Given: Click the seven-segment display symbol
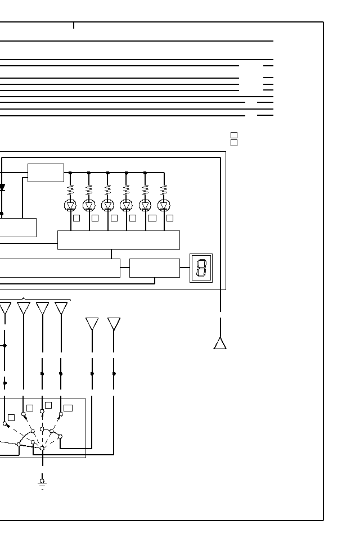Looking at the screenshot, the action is point(201,268).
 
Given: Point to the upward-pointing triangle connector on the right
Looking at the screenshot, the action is point(220,343).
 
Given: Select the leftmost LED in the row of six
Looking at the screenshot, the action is point(70,205).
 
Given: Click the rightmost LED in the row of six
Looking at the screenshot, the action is point(164,205).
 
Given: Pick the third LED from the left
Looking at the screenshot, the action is point(107,205).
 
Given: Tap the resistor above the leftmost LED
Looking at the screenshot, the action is point(70,189).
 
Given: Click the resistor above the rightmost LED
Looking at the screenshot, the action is point(164,189).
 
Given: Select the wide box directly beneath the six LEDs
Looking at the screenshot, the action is point(119,239).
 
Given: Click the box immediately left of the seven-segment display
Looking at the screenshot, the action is point(155,268).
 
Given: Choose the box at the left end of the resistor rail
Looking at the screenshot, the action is point(46,173).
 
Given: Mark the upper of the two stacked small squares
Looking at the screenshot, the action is point(234,135).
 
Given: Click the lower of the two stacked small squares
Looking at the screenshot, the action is point(234,143).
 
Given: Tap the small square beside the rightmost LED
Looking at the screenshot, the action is point(170,218).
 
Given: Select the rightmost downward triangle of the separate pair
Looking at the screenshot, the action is point(114,324).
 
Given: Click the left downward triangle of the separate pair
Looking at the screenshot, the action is point(92,324).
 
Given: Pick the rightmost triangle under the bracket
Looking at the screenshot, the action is point(61,308).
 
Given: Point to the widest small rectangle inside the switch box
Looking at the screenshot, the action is point(68,408).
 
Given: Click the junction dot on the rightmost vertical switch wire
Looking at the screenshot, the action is point(114,373).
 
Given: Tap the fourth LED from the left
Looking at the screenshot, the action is point(127,205).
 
